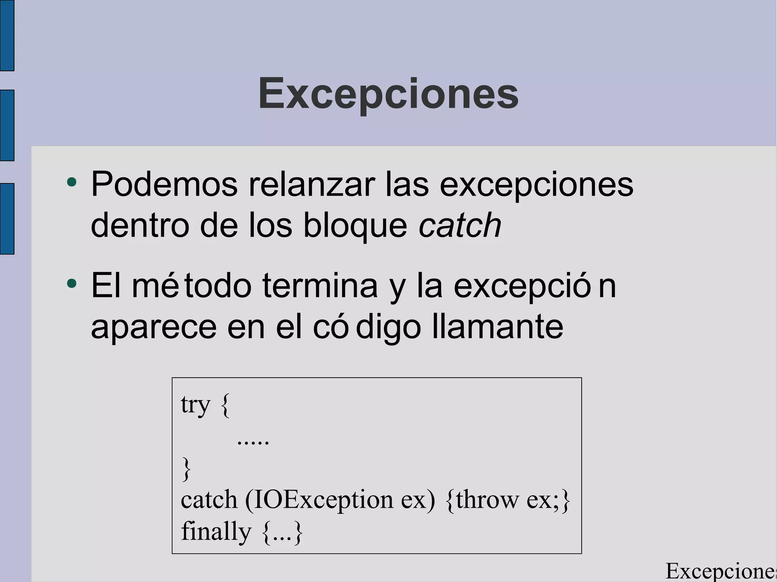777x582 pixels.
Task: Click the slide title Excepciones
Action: click(x=388, y=94)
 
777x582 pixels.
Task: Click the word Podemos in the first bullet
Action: click(x=164, y=185)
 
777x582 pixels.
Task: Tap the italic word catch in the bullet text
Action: click(x=460, y=225)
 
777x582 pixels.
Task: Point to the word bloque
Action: click(x=355, y=226)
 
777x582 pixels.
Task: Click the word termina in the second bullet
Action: click(x=320, y=286)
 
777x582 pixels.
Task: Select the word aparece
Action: click(x=154, y=328)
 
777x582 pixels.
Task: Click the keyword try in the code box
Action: click(x=195, y=405)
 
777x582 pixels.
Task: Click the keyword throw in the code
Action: click(x=487, y=500)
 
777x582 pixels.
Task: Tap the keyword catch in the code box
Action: click(x=209, y=500)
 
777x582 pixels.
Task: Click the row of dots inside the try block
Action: click(x=253, y=442)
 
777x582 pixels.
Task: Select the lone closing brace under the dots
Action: click(x=186, y=469)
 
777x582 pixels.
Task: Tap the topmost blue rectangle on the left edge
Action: click(x=7, y=35)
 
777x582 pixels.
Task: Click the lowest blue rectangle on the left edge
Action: click(x=7, y=219)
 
